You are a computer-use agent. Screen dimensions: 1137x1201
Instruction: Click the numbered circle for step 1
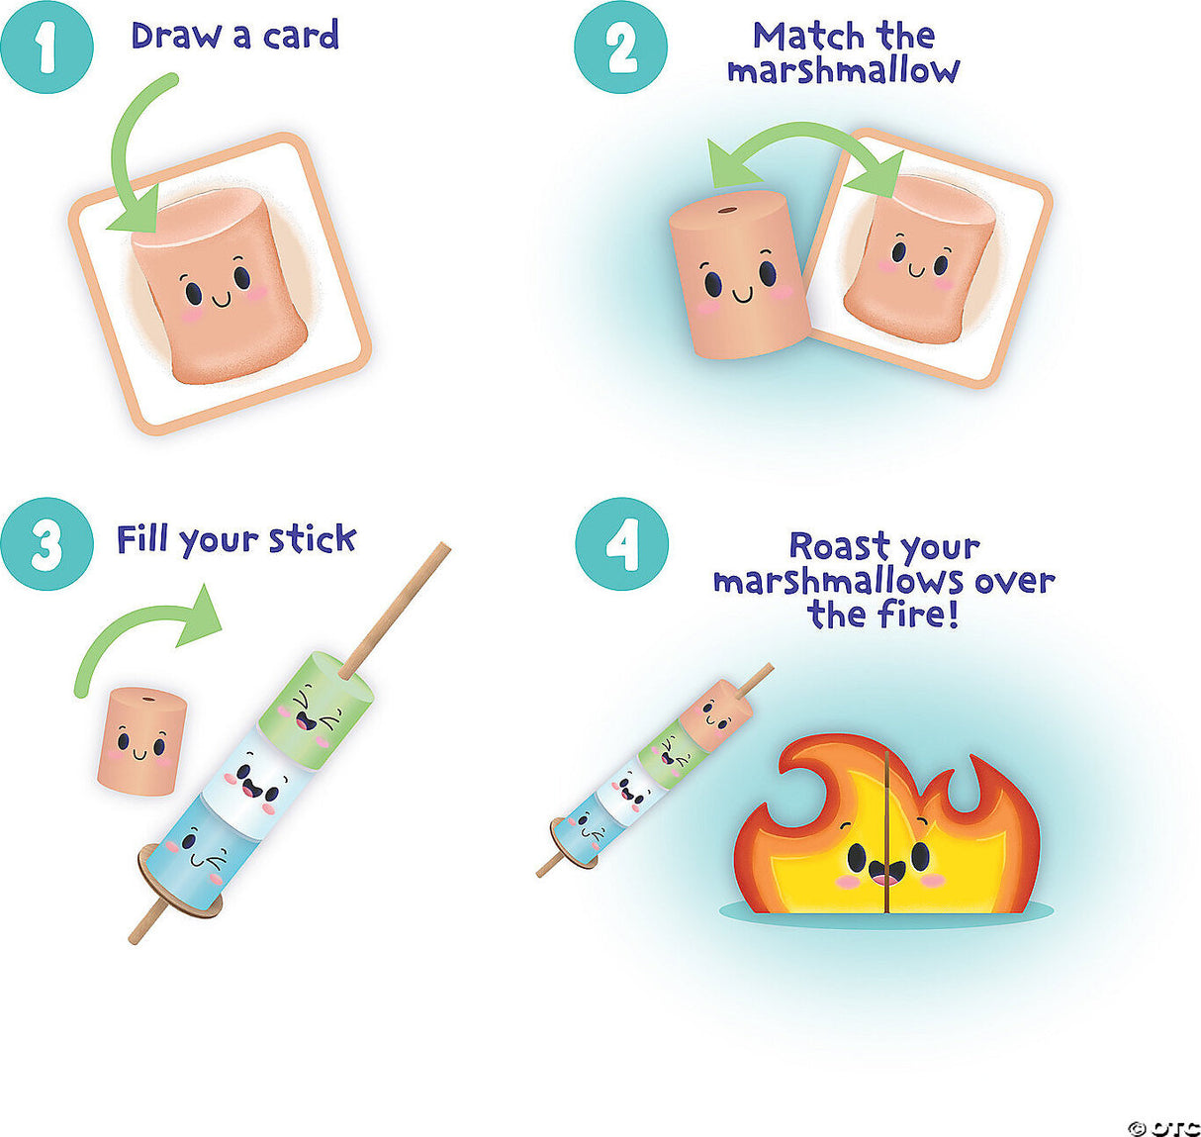point(46,47)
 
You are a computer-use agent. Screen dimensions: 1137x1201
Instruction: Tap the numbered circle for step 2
point(621,47)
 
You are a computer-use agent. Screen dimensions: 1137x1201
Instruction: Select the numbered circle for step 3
point(46,544)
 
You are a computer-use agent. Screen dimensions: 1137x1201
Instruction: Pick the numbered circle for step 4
point(622,544)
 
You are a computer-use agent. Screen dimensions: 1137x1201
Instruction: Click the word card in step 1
point(301,36)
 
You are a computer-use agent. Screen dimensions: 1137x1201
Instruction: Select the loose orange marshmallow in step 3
point(142,741)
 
